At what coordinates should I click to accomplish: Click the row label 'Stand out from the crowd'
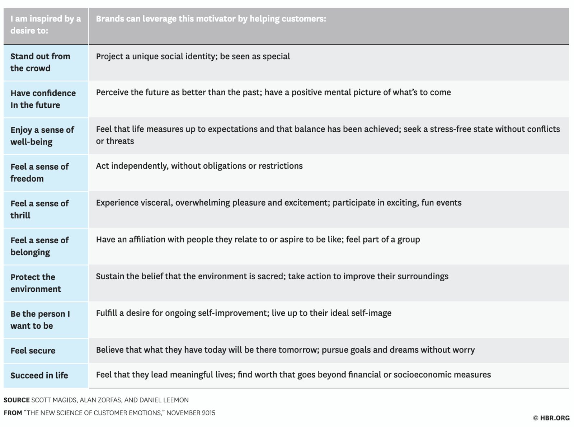coord(40,62)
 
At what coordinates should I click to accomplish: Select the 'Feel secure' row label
coord(33,351)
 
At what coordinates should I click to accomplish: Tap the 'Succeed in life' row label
coord(39,375)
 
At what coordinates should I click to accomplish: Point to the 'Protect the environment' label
coord(36,283)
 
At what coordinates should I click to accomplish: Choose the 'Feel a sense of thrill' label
coord(39,209)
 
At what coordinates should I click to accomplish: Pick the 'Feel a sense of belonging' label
coord(39,246)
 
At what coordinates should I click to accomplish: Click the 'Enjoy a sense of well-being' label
coord(42,136)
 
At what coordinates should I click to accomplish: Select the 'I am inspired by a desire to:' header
coord(45,24)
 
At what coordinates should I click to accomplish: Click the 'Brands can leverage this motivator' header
coord(211,19)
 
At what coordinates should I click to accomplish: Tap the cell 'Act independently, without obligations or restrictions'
coord(199,166)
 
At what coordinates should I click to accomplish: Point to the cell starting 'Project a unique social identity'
coord(193,56)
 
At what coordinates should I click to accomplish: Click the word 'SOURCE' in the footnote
coord(17,400)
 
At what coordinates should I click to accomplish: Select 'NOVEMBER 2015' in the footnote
coord(191,413)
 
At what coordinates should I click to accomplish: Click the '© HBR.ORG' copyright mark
coord(551,418)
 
